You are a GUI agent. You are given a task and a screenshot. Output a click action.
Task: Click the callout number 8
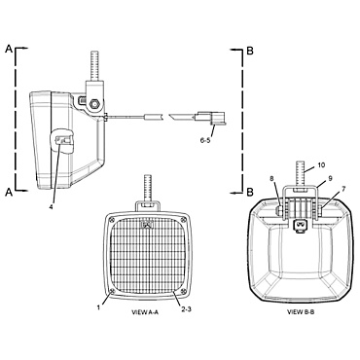click(273, 178)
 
